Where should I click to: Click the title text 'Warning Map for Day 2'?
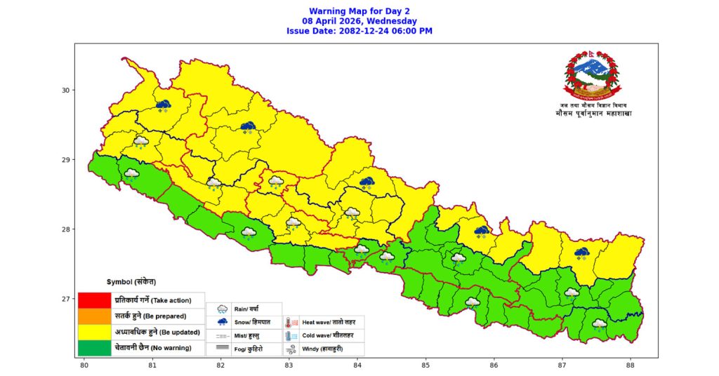point(359,12)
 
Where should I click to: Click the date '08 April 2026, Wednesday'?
point(359,21)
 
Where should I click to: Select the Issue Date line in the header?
point(359,31)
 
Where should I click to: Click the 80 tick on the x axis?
point(84,364)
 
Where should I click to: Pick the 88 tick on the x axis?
point(631,364)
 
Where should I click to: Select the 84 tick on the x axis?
point(357,364)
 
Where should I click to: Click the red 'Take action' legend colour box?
point(94,300)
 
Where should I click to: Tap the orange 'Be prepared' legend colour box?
point(94,316)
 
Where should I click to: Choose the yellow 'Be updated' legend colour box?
point(94,331)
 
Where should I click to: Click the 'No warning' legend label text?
point(158,347)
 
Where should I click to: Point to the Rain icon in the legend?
point(222,309)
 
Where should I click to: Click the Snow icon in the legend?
point(222,323)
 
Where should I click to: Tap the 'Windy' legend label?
point(322,349)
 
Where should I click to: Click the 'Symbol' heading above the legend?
point(131,282)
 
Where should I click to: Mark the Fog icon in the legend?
point(222,348)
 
